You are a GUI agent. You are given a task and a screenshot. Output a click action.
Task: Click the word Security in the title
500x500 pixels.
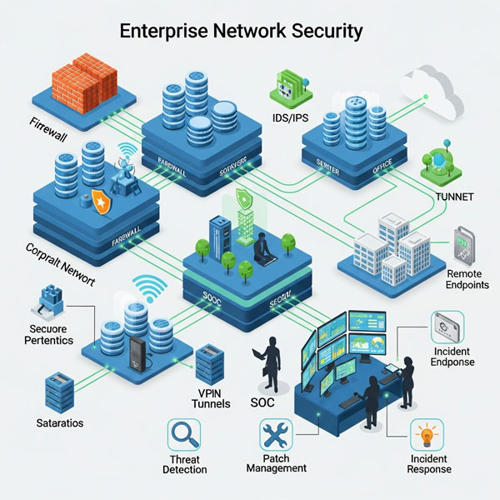[322, 32]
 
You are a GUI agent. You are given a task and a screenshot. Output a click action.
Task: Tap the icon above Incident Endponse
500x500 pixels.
[448, 327]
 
